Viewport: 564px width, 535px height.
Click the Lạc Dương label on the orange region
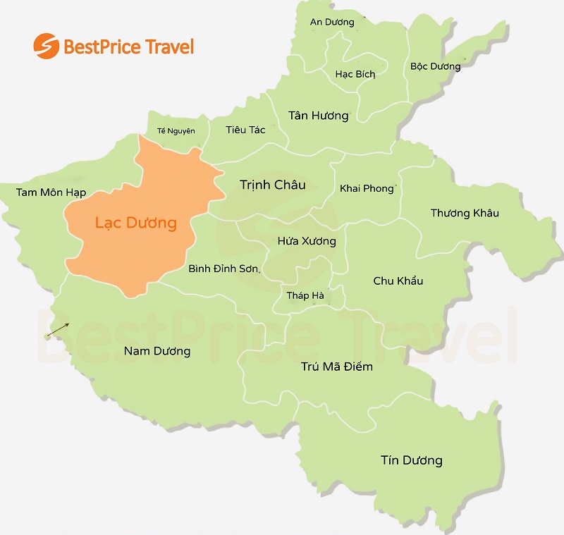[135, 223]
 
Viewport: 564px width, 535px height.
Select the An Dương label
[332, 23]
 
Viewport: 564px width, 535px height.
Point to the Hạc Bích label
[355, 74]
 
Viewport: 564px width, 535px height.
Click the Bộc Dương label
[435, 67]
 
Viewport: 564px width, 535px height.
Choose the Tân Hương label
[319, 116]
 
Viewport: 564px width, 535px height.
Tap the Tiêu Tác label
[245, 130]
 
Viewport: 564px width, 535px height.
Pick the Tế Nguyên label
[176, 130]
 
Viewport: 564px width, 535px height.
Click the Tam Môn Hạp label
[51, 192]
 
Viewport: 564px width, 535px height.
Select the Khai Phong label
[367, 188]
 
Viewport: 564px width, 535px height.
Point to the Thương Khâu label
[465, 213]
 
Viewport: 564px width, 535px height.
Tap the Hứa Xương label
[307, 241]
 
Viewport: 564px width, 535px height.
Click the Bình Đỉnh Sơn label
[224, 269]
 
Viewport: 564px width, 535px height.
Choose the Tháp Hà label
[305, 295]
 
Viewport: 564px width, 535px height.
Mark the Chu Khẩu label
[398, 281]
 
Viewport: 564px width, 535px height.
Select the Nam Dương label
[157, 350]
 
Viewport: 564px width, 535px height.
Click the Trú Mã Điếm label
[337, 367]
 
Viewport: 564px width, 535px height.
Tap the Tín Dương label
[412, 460]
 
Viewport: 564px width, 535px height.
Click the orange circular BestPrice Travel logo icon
[46, 47]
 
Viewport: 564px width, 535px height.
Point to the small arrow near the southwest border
[59, 329]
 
